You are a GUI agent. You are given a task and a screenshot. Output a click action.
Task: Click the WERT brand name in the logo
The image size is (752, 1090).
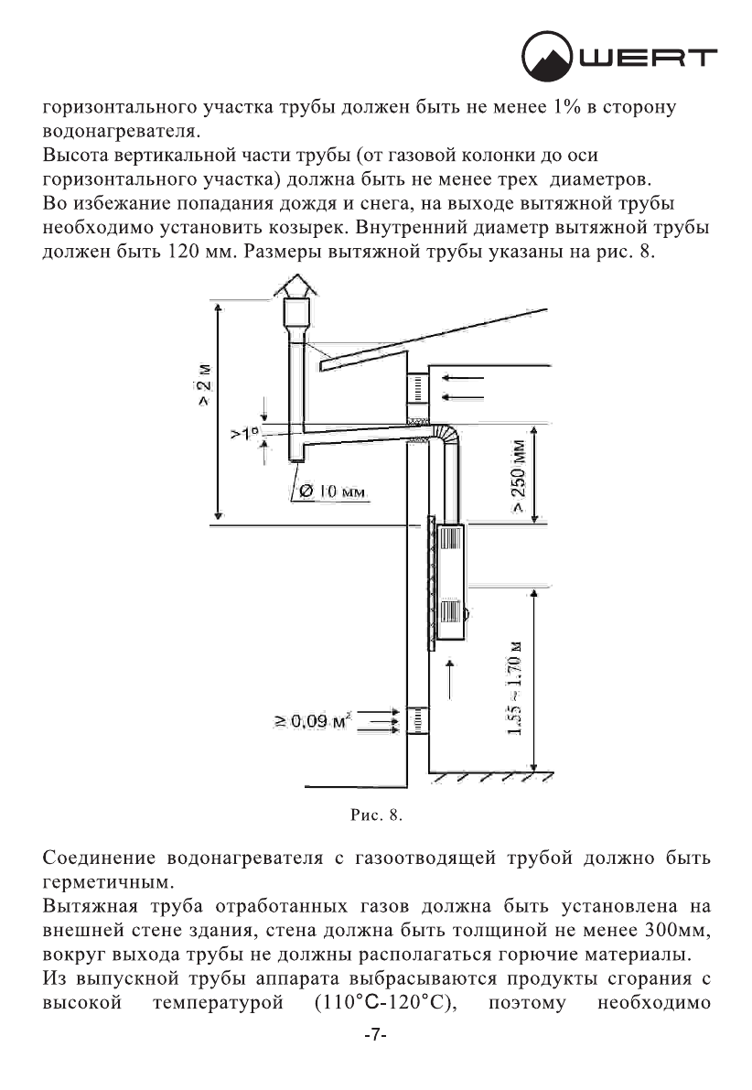click(x=656, y=60)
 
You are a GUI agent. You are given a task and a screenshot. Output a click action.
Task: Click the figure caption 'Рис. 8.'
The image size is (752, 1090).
click(x=376, y=811)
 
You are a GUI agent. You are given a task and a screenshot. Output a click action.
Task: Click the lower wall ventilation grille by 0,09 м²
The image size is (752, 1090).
click(x=417, y=722)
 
